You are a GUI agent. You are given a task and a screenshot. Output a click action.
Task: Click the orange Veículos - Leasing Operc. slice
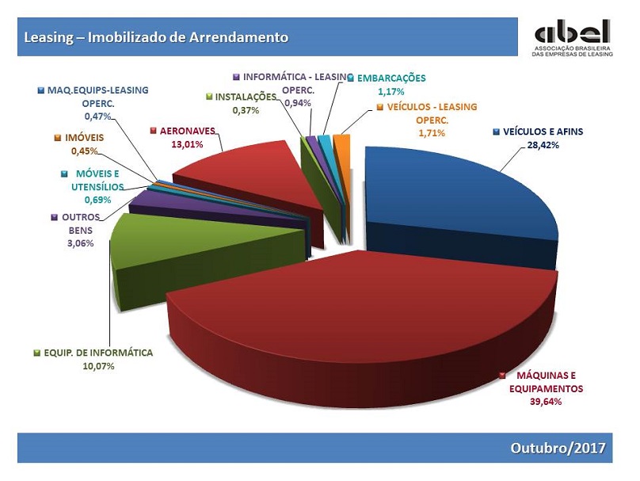point(343,163)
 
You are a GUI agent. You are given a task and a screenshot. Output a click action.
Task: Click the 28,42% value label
point(543,145)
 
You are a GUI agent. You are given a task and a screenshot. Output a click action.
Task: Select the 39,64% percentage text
point(546,402)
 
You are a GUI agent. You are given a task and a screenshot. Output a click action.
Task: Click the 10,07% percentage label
point(98,366)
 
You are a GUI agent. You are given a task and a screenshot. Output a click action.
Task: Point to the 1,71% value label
point(432,133)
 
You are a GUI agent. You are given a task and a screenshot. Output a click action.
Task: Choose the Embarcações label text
point(391,78)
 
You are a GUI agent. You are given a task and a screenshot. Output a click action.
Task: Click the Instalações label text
point(246,97)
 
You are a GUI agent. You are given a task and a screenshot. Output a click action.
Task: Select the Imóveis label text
point(84,138)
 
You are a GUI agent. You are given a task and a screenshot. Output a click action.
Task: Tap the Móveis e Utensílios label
point(97,180)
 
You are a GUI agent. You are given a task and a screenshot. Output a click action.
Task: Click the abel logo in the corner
point(572,36)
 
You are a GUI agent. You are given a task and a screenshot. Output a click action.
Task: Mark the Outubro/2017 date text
point(558,448)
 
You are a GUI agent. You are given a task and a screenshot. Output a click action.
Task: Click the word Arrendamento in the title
point(238,37)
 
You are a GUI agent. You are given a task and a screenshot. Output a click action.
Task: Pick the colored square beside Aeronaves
point(154,131)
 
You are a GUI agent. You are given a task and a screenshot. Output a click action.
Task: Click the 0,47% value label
point(97,116)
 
